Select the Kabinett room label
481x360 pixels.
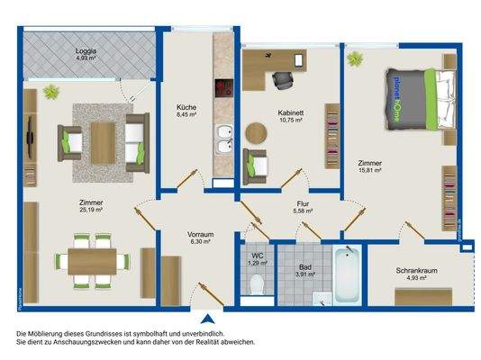click(x=289, y=112)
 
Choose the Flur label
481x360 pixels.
click(x=303, y=204)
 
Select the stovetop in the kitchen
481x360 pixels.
click(x=222, y=88)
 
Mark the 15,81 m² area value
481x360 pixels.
click(x=369, y=169)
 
